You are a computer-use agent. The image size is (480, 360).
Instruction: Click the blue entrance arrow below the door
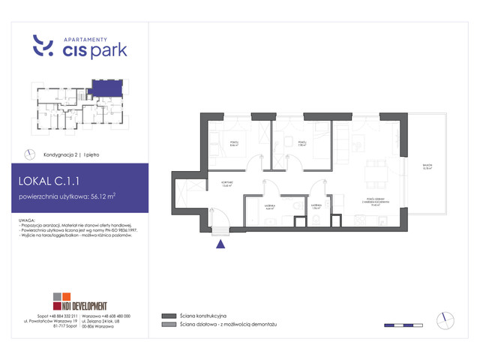click(220, 242)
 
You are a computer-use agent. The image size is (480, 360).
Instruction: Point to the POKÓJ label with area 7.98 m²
click(301, 142)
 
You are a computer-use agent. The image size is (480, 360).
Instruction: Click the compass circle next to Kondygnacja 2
click(30, 153)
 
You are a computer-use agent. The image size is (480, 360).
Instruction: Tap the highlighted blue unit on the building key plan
click(104, 88)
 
